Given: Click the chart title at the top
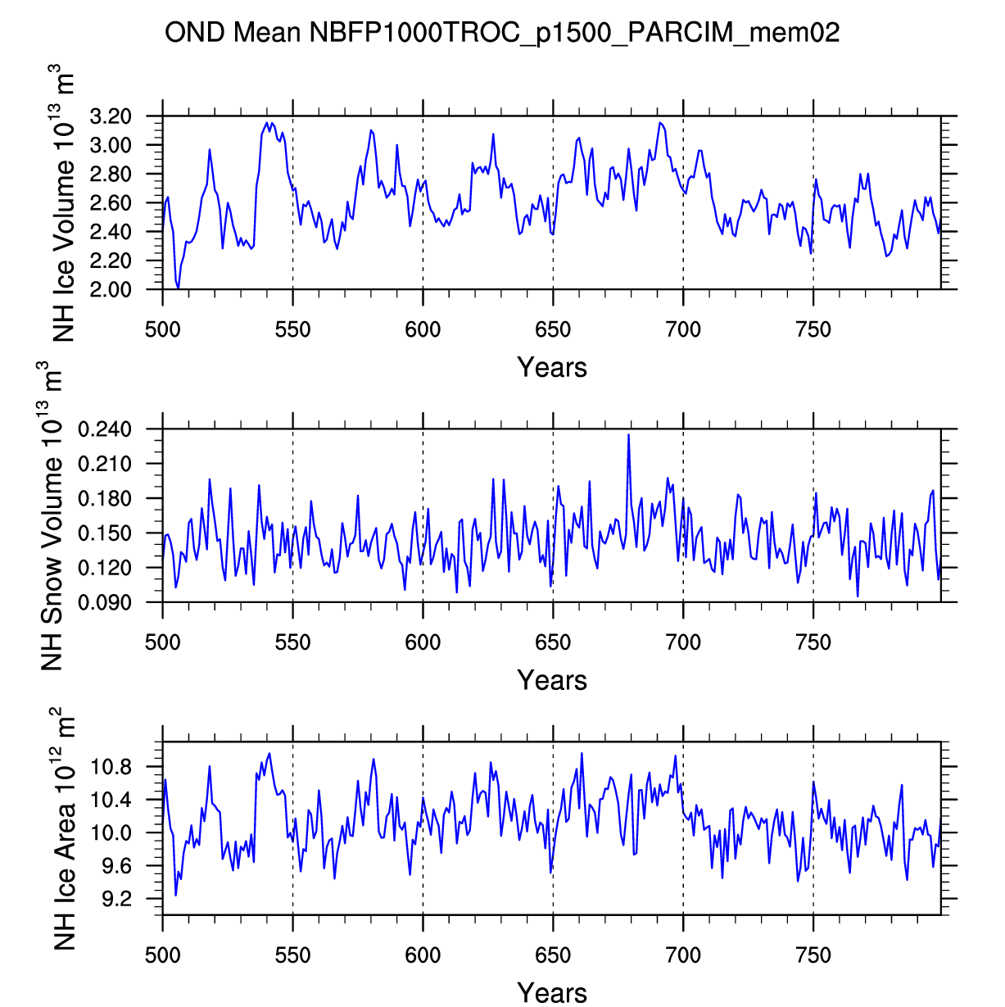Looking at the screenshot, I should point(502,33).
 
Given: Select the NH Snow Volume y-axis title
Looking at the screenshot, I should point(51,516).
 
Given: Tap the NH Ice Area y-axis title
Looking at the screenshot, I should point(62,829).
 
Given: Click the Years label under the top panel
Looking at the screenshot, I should point(552,367).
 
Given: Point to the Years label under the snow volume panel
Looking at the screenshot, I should point(552,680).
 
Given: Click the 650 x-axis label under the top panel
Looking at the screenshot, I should point(553,330).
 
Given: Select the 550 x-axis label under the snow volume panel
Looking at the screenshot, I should point(292,643).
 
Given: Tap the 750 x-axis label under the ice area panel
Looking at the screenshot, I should point(813,955).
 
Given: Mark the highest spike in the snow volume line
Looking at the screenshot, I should point(628,434).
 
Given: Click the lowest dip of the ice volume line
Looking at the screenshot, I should point(178,288).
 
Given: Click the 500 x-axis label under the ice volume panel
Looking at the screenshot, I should point(162,330).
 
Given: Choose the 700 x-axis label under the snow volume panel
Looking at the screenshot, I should point(683,643).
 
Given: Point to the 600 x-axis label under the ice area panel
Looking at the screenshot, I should point(423,955).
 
